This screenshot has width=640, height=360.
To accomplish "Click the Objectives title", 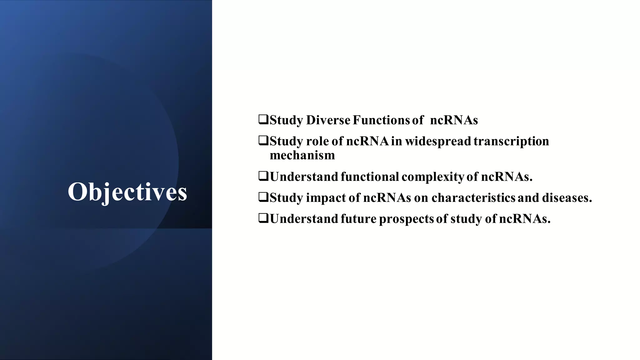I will pos(127,192).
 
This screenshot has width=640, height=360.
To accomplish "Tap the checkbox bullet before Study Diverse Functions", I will pos(263,120).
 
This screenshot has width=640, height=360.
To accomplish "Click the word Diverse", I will pos(328,120).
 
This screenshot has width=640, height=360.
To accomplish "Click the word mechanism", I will pos(302,155).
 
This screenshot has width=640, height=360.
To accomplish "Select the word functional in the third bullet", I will pos(370,177).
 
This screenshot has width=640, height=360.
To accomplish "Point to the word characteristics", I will pos(473,198).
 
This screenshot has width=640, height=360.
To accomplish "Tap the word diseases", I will pos(567,198).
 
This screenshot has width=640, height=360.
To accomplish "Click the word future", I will pos(358,219).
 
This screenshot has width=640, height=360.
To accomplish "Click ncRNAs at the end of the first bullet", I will pos(454,120).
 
